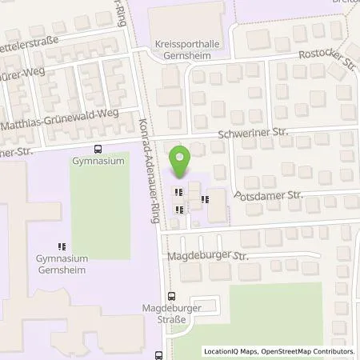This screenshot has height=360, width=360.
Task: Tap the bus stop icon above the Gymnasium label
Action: (98, 148)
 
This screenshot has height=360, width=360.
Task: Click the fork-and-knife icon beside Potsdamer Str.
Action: (206, 199)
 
